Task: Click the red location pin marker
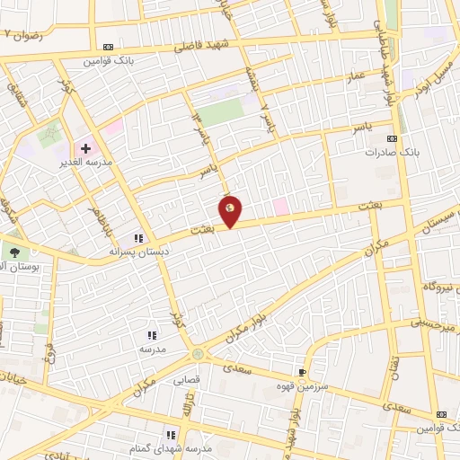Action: [231, 209]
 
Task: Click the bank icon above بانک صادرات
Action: [392, 138]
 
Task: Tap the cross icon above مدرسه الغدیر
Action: [85, 147]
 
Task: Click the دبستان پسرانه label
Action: [138, 252]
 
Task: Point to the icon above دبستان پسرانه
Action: [138, 238]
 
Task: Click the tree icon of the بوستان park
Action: [13, 250]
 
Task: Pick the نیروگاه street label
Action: [441, 287]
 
